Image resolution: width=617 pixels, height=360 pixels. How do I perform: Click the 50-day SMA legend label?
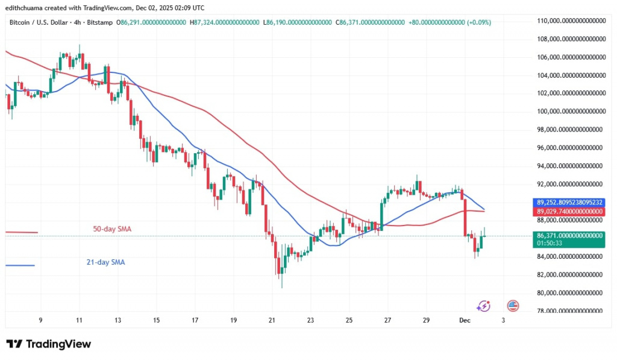(111, 229)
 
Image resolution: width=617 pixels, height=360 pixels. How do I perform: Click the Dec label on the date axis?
(465, 321)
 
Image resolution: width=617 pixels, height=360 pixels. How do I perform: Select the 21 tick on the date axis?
(272, 321)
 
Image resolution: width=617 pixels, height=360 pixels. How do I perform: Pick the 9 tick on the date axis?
(40, 321)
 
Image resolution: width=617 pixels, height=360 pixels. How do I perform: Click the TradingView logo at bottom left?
(49, 344)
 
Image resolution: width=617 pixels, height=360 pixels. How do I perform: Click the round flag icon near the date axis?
(513, 306)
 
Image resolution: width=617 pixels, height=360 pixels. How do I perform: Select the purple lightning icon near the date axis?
(483, 306)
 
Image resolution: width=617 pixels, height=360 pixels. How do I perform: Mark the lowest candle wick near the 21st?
(281, 286)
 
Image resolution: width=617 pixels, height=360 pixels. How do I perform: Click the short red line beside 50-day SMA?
(21, 232)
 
